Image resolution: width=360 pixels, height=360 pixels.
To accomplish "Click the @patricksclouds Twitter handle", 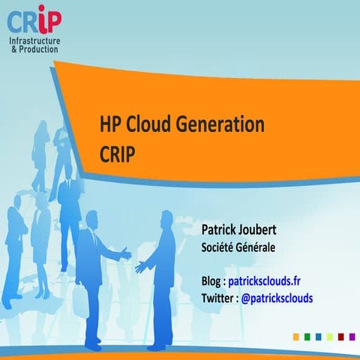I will point(277,298).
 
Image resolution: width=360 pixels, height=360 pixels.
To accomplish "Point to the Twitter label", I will point(217,298).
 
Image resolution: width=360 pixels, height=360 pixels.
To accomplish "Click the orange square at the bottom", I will point(296,336).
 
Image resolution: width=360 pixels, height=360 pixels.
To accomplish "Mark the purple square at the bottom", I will point(350,336).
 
